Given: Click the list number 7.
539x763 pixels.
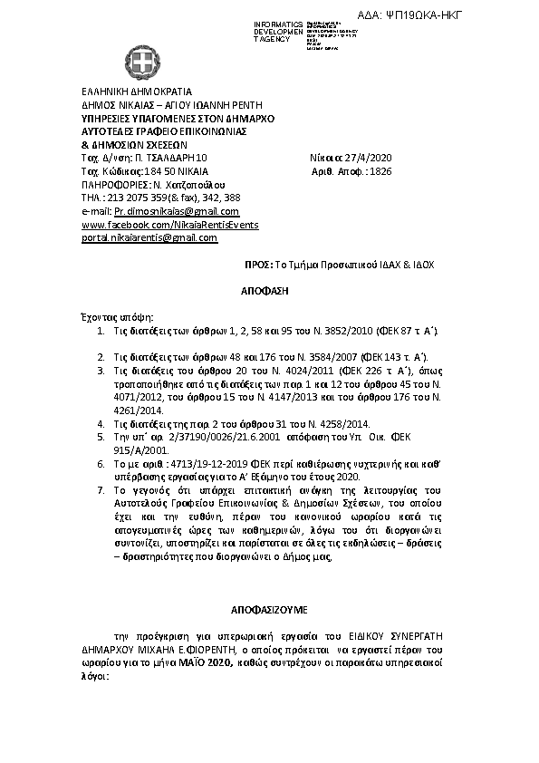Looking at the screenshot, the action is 101,490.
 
